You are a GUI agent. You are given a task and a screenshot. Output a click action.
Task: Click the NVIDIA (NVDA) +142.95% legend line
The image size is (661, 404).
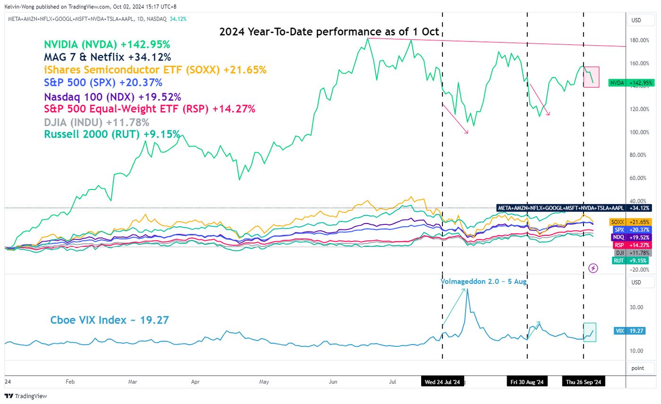(x=107, y=44)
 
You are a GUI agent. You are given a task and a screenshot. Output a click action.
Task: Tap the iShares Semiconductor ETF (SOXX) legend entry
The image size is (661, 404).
(x=155, y=70)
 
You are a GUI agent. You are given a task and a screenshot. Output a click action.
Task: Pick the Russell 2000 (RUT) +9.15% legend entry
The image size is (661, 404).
(x=112, y=134)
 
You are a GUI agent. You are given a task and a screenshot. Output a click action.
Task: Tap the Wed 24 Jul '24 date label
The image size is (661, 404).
(x=442, y=382)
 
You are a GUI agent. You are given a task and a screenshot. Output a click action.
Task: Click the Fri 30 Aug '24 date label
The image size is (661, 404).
(x=527, y=382)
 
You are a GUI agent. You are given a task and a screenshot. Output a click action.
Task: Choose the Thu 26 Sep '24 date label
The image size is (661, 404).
(x=584, y=382)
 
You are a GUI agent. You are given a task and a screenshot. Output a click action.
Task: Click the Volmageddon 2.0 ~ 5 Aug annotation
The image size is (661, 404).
(x=484, y=281)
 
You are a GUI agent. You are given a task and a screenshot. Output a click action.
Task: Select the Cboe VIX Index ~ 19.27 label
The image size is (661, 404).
(x=110, y=320)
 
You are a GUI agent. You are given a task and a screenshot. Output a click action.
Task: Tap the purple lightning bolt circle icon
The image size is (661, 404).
(x=594, y=268)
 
